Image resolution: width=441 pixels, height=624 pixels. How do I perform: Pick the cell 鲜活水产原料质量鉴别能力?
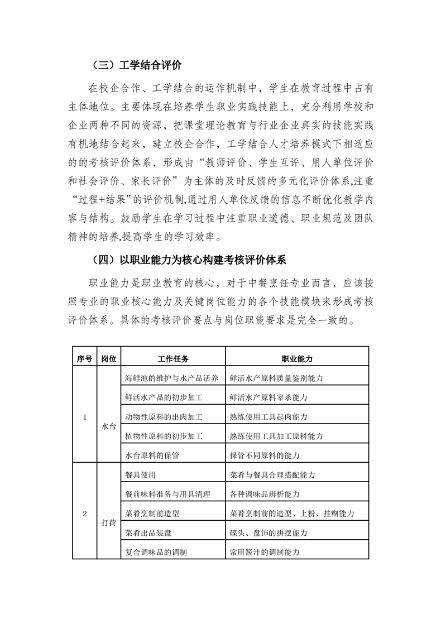[x=277, y=378]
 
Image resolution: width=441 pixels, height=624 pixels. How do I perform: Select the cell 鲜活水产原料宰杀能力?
[x=269, y=397]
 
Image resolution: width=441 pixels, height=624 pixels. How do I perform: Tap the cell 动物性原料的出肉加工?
[x=164, y=417]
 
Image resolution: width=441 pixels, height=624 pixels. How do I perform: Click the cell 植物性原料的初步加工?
[x=164, y=436]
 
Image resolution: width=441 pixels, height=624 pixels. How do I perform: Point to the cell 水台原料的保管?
[x=152, y=455]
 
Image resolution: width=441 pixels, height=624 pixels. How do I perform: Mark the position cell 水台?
[x=109, y=426]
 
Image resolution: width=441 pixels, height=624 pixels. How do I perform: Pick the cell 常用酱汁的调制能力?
[x=265, y=552]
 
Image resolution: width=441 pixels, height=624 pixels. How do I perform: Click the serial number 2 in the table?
[x=84, y=513]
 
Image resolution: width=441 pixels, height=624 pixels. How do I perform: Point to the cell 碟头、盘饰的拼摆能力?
[x=269, y=532]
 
